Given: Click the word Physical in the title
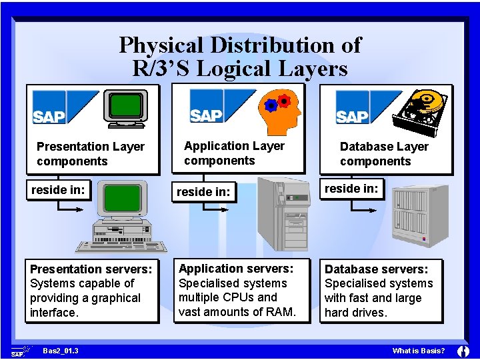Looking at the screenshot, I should coord(161,45).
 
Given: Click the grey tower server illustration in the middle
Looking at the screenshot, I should coord(283,213).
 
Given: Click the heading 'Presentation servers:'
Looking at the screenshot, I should coord(91,269).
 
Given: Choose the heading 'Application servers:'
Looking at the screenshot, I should coord(236,268).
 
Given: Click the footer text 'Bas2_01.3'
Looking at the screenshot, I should coord(60,351).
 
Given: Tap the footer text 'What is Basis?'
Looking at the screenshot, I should coord(419,351).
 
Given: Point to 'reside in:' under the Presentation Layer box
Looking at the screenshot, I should coord(58,190).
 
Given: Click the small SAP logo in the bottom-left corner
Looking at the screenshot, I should coord(20,351).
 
